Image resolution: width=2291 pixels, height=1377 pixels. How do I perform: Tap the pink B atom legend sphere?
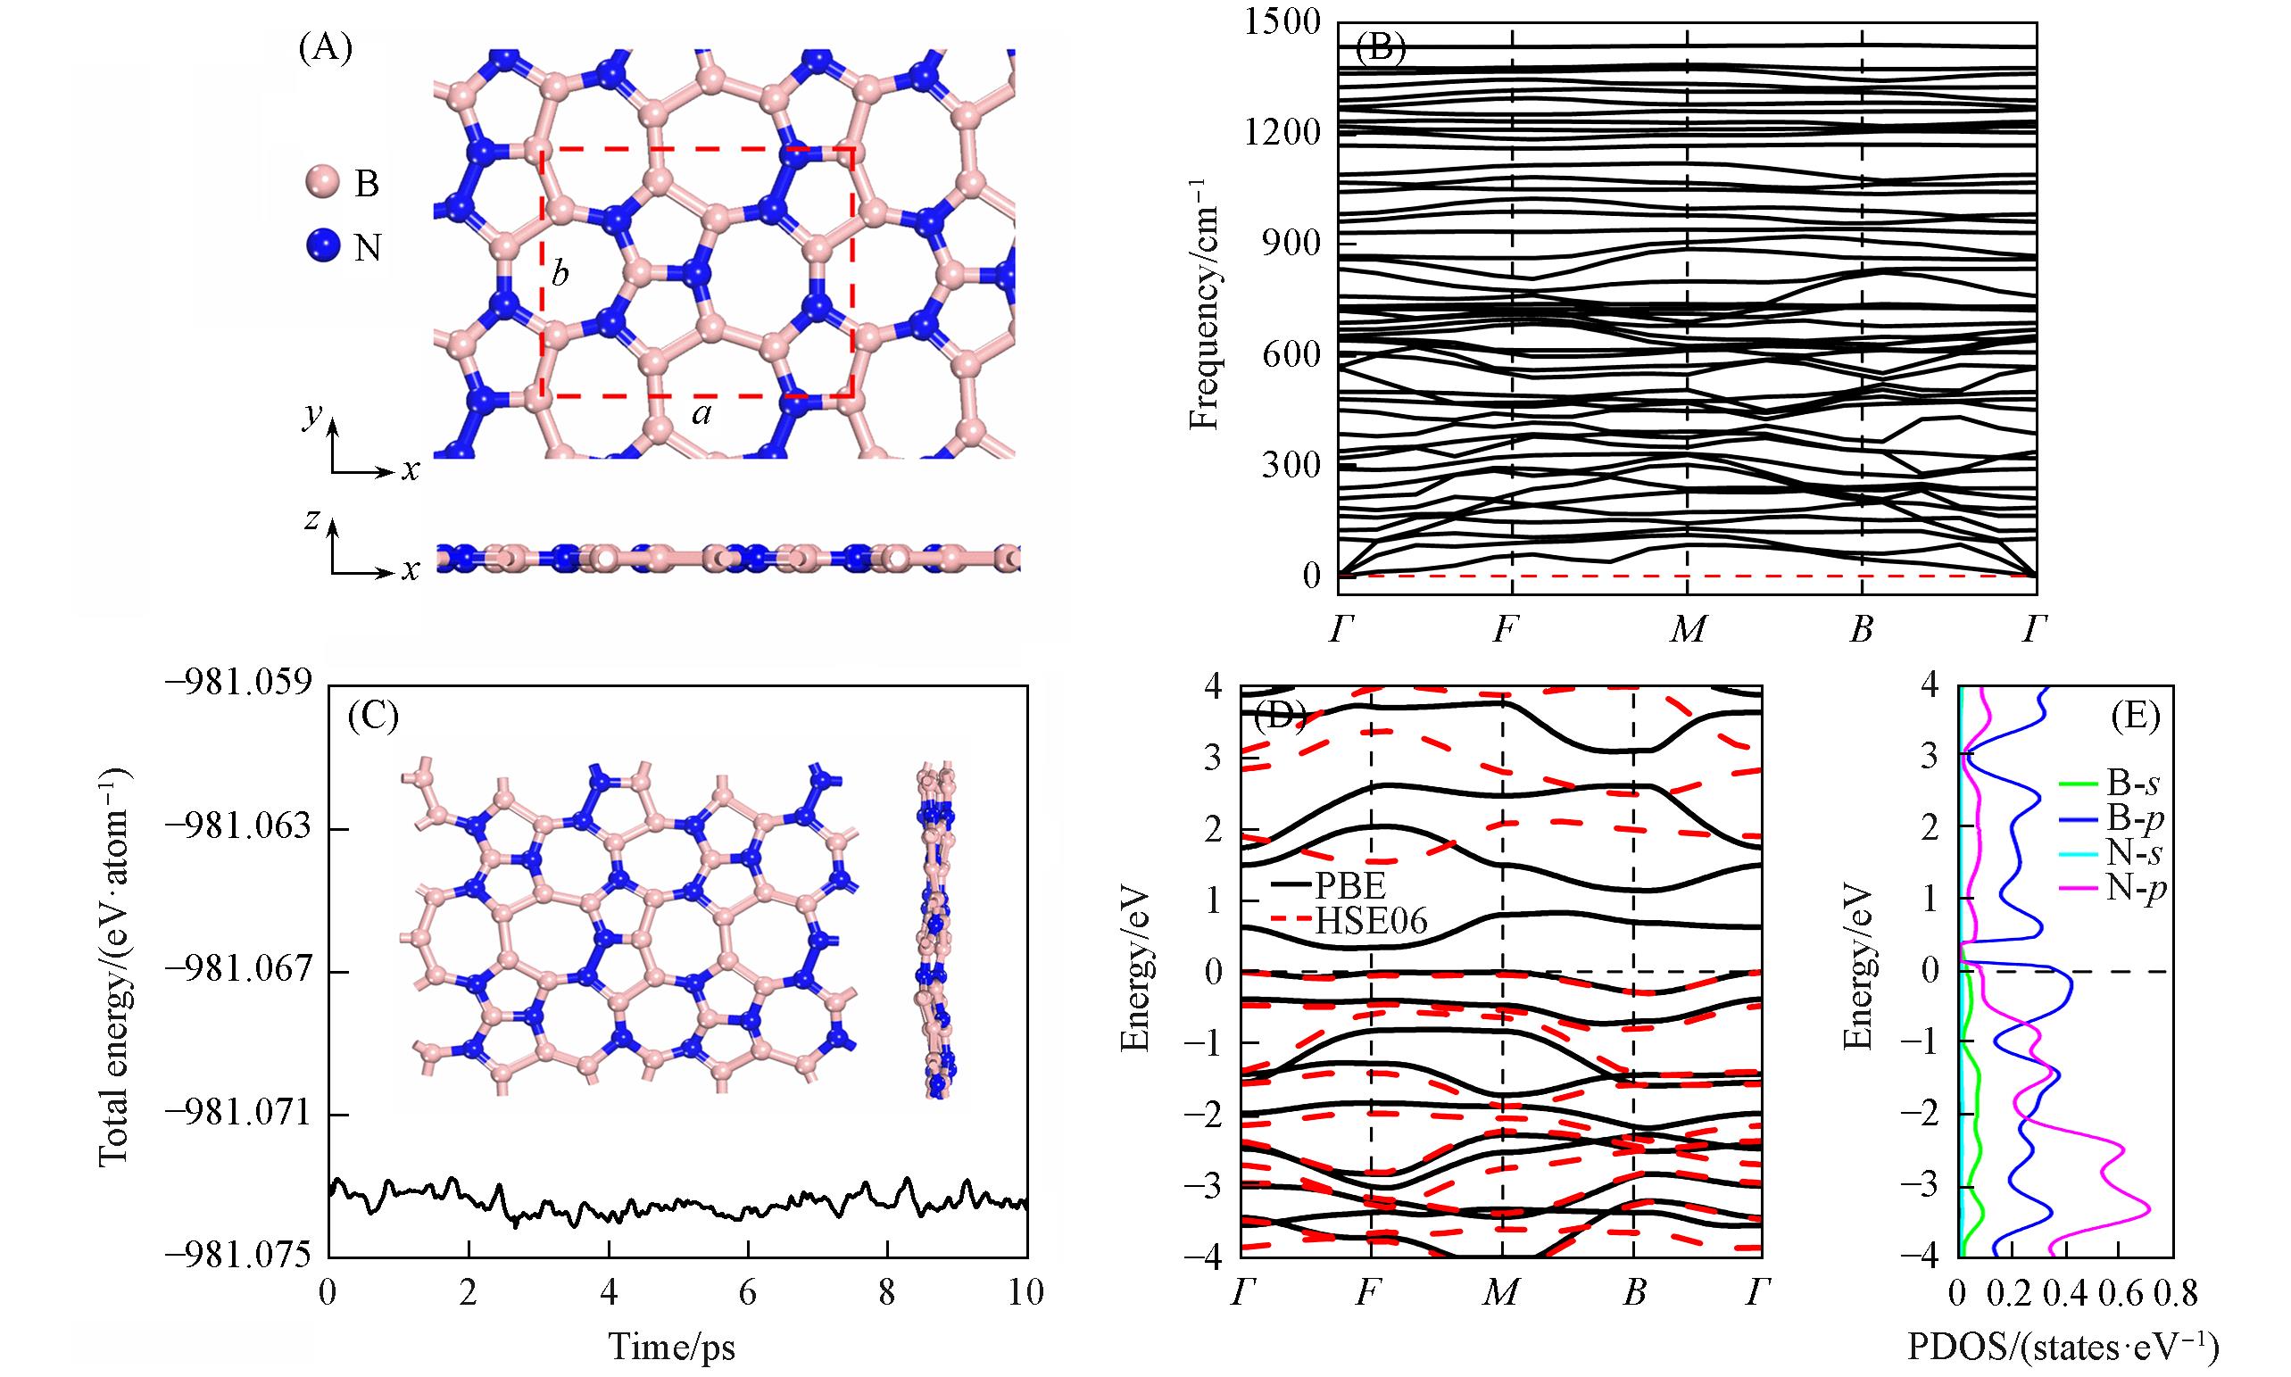pyautogui.click(x=322, y=183)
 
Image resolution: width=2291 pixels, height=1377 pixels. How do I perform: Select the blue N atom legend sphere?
pyautogui.click(x=322, y=248)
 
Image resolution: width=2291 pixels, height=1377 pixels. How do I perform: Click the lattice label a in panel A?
pyautogui.click(x=701, y=415)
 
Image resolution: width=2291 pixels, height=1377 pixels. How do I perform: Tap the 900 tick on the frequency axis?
pyautogui.click(x=1290, y=243)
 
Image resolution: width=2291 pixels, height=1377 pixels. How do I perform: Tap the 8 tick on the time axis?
pyautogui.click(x=887, y=1291)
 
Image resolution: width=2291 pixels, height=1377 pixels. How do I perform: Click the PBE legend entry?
pyautogui.click(x=1346, y=881)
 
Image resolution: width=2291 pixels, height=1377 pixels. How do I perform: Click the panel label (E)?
pyautogui.click(x=2134, y=716)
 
